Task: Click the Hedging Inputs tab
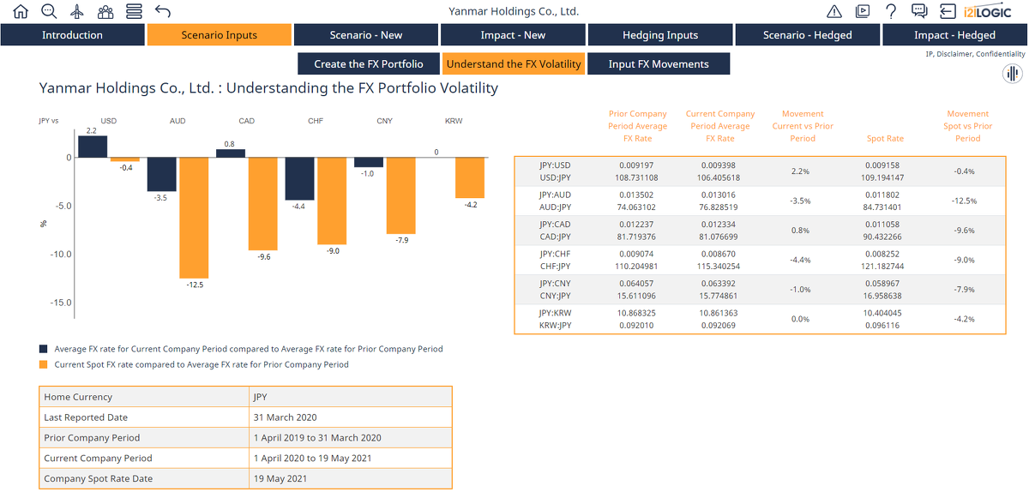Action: click(660, 35)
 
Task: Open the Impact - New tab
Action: click(513, 35)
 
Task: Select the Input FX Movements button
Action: click(659, 63)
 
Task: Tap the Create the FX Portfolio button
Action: click(369, 63)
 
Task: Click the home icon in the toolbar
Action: click(21, 11)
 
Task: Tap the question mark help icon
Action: click(891, 11)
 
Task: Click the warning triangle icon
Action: click(834, 11)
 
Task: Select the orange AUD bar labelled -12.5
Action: click(194, 218)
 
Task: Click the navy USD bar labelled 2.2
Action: click(93, 147)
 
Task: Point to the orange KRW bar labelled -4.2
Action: click(470, 177)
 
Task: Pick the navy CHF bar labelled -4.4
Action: click(299, 178)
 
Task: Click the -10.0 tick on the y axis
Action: click(61, 254)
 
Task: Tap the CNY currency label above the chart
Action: click(384, 121)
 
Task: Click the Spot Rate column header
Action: click(885, 138)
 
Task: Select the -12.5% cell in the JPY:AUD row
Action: click(964, 201)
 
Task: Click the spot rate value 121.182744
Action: click(882, 266)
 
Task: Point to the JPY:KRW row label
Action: click(556, 313)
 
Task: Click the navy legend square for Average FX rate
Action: click(43, 349)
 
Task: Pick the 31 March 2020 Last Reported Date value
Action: click(285, 417)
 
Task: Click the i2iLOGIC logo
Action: click(987, 11)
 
